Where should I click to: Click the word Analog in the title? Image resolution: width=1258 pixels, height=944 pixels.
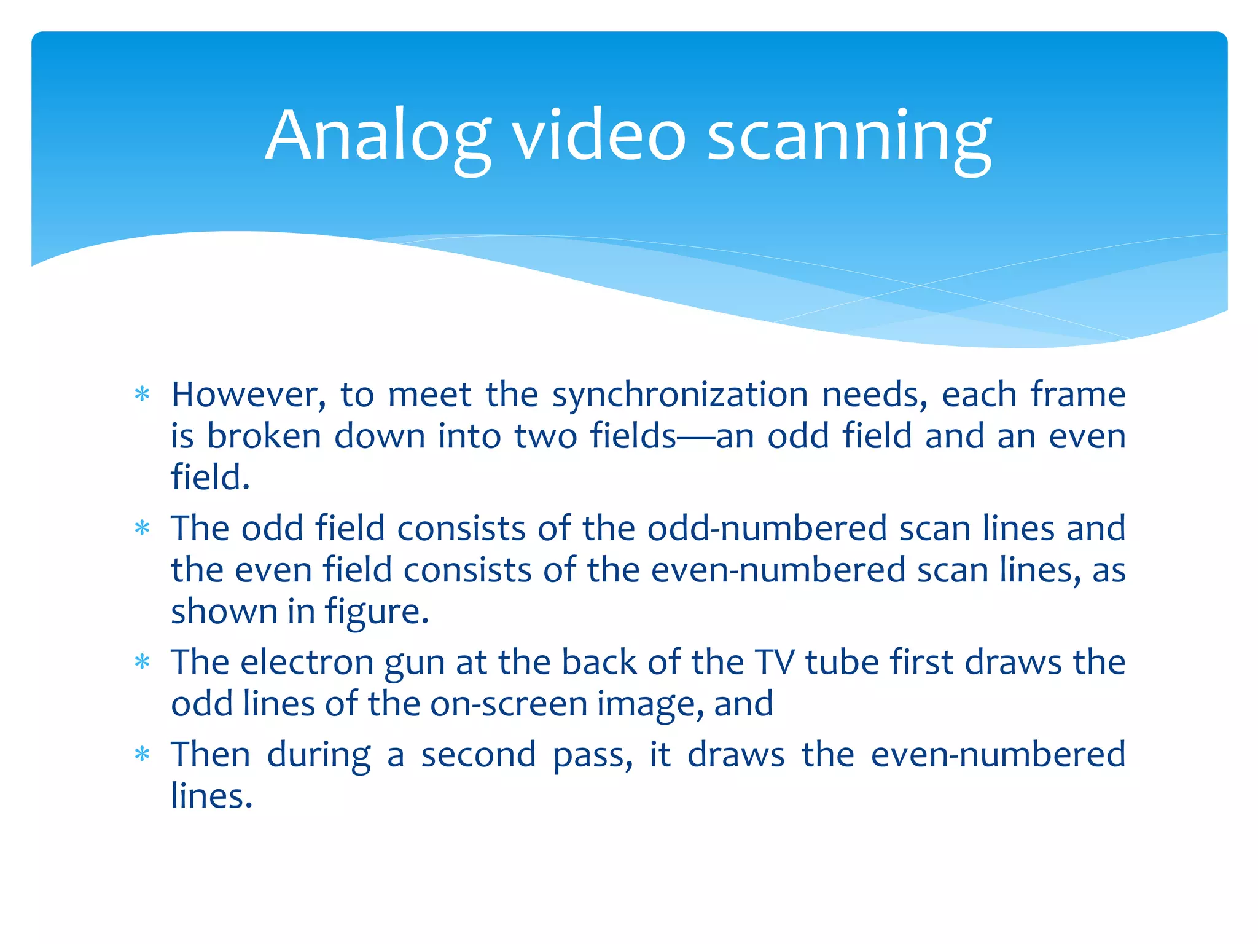point(378,136)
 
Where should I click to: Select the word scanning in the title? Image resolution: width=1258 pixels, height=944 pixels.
point(849,136)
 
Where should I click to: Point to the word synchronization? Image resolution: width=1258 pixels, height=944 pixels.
point(680,396)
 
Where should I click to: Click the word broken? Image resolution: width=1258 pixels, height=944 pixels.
point(264,436)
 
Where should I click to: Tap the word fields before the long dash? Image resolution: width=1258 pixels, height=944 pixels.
point(633,436)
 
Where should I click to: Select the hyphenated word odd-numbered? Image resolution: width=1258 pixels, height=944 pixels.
point(767,529)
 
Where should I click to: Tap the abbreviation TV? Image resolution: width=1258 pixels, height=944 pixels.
point(775,663)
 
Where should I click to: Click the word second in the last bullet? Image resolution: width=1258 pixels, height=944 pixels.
point(479,755)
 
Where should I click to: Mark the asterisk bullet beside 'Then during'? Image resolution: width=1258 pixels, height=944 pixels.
point(143,754)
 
